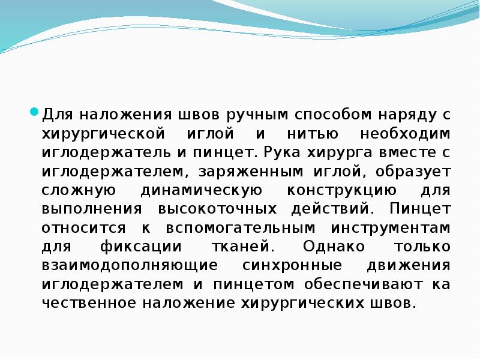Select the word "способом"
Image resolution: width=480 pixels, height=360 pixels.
323,114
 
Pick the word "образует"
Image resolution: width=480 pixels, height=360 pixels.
415,172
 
